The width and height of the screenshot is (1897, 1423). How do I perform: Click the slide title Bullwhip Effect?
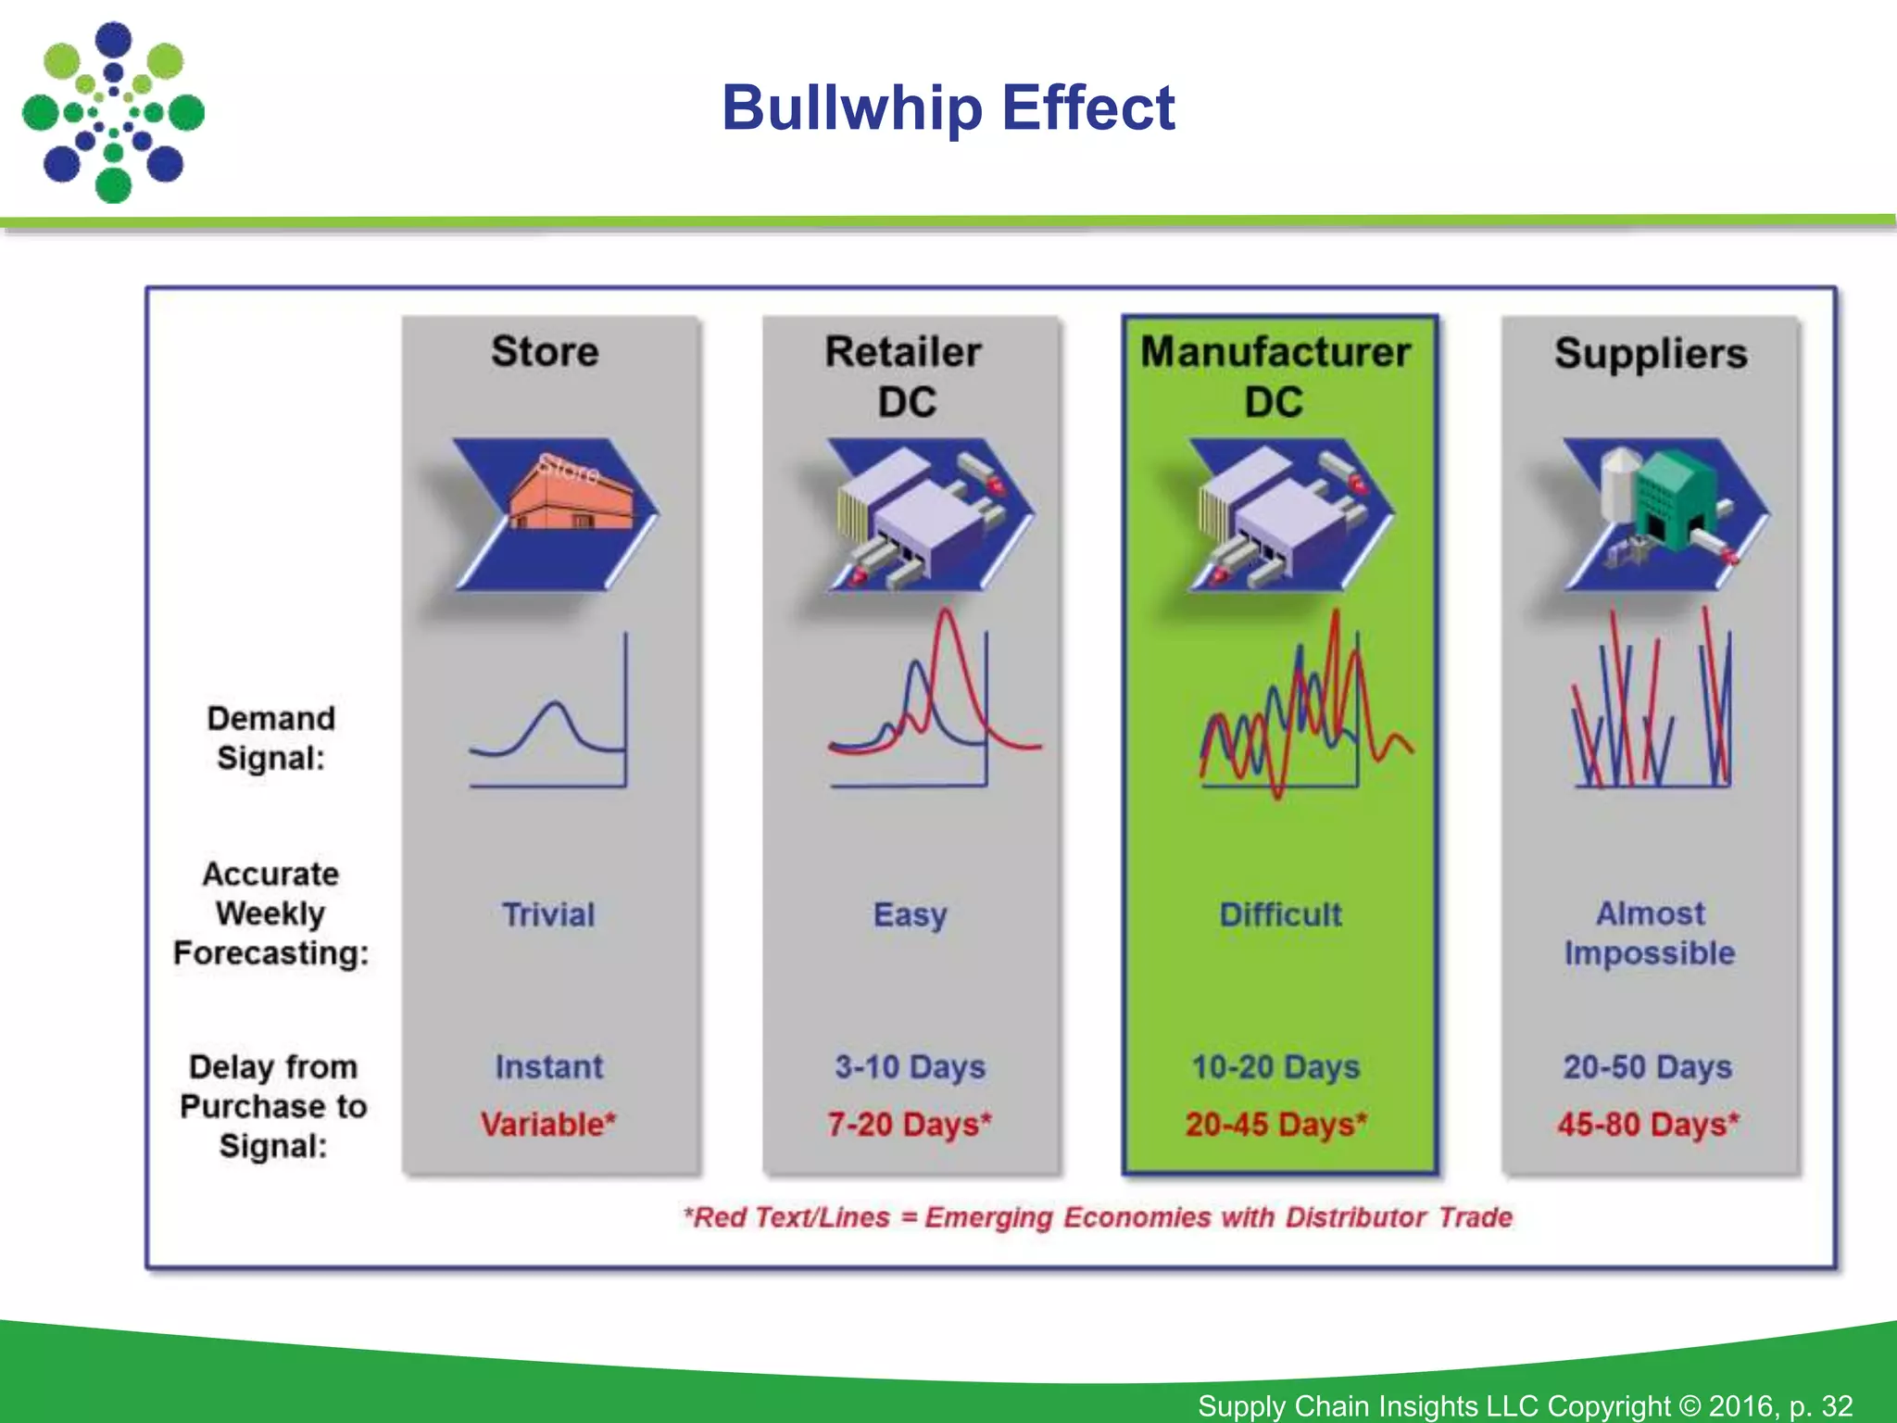948,108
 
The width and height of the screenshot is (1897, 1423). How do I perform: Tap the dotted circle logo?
113,113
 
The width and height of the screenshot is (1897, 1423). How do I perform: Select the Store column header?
545,352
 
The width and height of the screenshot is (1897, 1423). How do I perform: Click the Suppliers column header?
1651,354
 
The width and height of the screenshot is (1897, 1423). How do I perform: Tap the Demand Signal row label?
270,738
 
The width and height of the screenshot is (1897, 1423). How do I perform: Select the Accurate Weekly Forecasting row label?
270,913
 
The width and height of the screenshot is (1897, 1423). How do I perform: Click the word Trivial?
548,915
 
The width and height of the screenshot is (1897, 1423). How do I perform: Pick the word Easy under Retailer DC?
910,915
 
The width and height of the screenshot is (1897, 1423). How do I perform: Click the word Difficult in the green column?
1280,915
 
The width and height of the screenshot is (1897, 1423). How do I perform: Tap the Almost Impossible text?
1650,934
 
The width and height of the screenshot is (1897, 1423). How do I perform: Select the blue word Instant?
548,1067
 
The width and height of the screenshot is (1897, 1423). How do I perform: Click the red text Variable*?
548,1125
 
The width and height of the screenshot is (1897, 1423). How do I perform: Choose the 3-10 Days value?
910,1067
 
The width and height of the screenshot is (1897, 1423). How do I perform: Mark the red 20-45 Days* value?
1276,1125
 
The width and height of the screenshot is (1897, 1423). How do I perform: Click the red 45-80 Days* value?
1648,1125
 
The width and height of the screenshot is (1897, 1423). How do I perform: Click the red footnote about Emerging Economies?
1098,1217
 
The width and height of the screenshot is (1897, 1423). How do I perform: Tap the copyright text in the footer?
1525,1405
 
